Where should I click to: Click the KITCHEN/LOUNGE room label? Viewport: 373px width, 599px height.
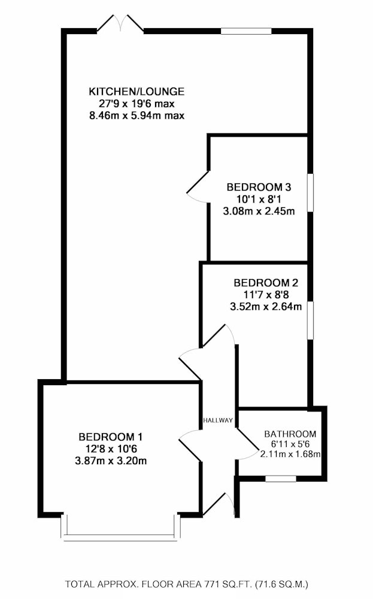click(x=137, y=92)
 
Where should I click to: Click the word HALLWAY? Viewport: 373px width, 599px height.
click(x=218, y=420)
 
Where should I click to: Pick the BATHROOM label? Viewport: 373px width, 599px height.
click(x=290, y=434)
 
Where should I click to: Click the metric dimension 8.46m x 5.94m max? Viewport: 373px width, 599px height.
click(x=137, y=114)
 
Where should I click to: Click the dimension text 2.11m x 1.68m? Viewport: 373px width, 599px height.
click(x=290, y=454)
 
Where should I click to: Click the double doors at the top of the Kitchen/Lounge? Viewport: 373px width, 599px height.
click(x=120, y=24)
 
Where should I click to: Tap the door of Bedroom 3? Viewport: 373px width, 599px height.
click(x=198, y=186)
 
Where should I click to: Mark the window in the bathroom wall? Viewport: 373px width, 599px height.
click(x=281, y=478)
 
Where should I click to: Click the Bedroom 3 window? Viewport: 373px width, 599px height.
click(x=310, y=192)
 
